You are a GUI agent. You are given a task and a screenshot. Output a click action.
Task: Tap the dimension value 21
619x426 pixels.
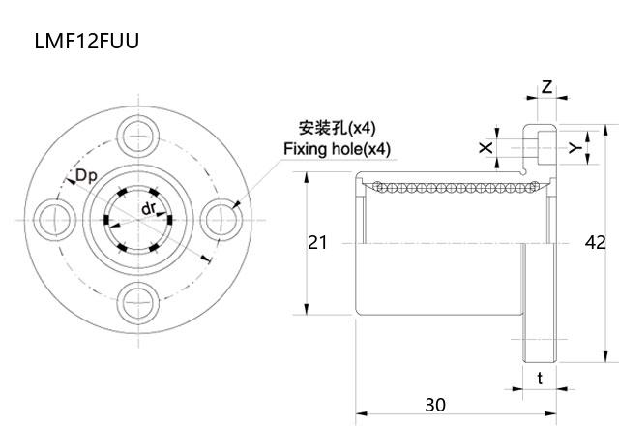[x=317, y=242]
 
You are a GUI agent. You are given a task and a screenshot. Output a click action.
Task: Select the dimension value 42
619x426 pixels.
[x=596, y=242]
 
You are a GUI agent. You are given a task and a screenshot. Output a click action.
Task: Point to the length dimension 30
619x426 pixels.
[x=435, y=404]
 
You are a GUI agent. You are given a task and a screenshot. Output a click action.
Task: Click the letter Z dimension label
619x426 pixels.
[x=546, y=87]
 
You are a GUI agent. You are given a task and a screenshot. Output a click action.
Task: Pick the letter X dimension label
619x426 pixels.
[x=486, y=147]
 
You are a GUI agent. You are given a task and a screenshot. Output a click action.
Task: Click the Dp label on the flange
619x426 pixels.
[x=85, y=176]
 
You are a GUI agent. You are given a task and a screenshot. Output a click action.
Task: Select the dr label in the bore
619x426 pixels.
[x=148, y=209]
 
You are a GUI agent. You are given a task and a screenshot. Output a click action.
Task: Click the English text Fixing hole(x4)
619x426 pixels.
[x=337, y=149]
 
